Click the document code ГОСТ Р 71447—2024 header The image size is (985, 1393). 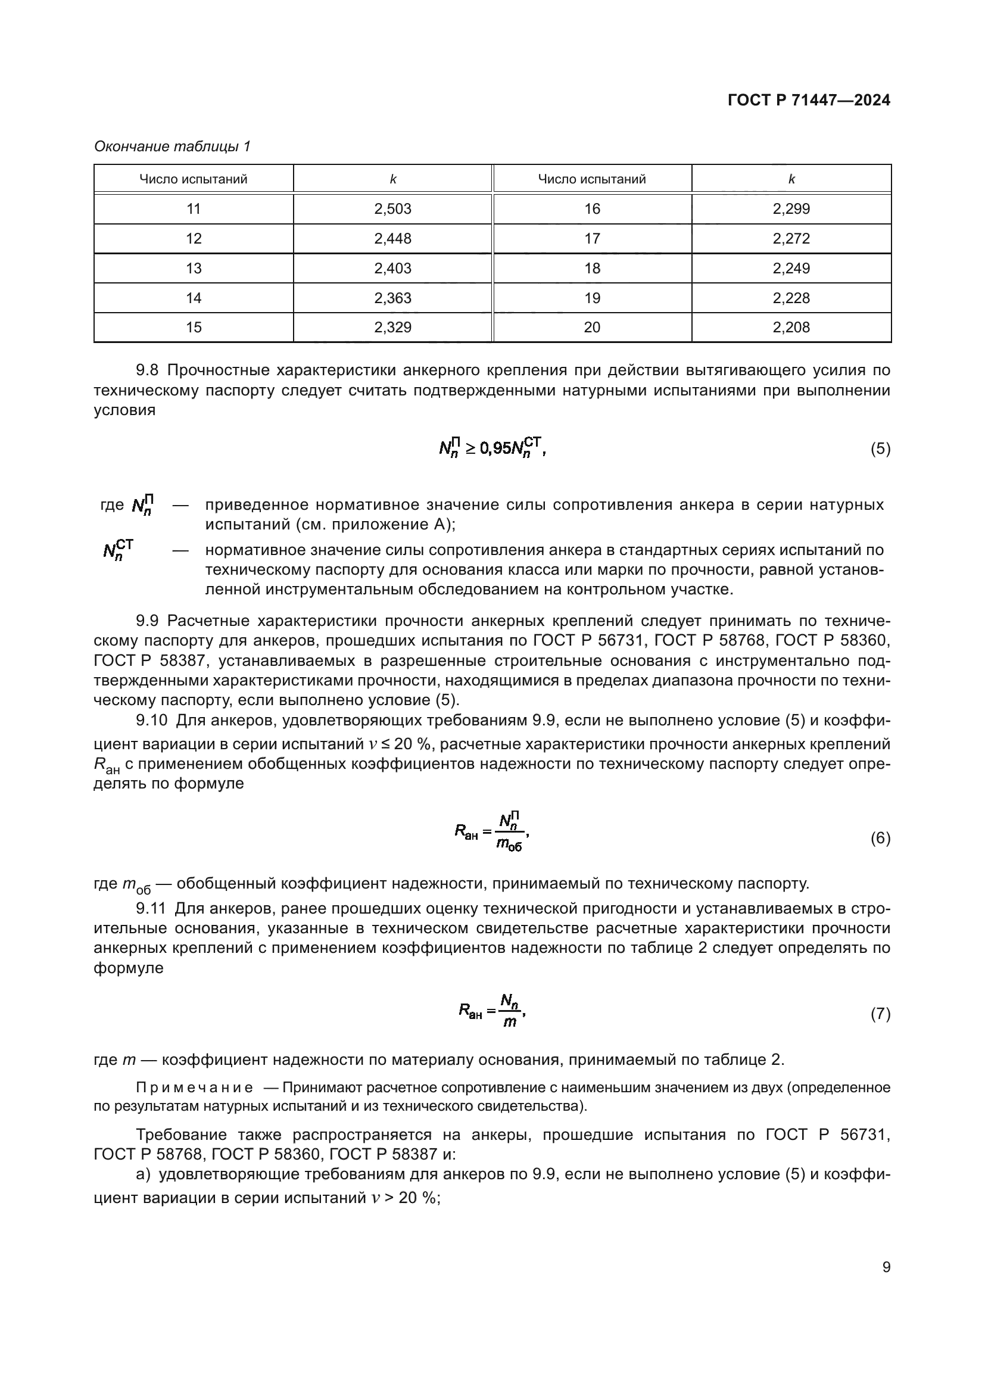tap(809, 100)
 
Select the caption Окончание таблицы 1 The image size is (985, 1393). tap(172, 147)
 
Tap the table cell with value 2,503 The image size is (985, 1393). tap(392, 208)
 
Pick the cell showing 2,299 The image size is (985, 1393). tap(791, 208)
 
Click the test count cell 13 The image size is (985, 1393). tap(194, 268)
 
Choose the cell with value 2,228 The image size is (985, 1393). tap(791, 298)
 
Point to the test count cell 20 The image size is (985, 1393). tap(592, 328)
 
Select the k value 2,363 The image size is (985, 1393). tap(392, 298)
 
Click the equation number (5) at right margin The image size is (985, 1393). tap(880, 449)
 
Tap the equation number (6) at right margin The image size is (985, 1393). tap(880, 839)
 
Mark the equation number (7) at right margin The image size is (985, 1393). tap(880, 1014)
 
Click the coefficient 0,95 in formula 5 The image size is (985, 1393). tap(495, 449)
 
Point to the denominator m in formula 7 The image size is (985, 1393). tap(510, 1023)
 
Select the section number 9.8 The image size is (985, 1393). tap(149, 370)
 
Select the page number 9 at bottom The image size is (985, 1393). tap(886, 1267)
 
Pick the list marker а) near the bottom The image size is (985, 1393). tap(143, 1174)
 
